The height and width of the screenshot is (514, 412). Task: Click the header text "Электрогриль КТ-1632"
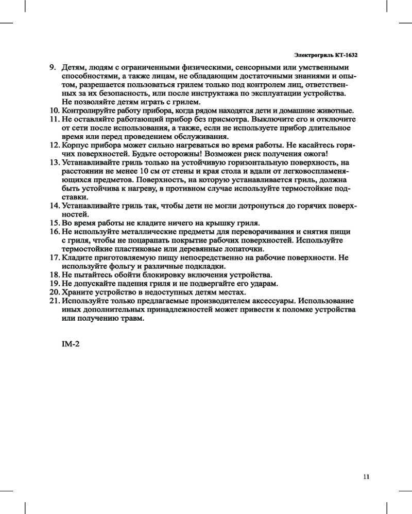325,54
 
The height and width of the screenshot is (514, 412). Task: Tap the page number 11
366,476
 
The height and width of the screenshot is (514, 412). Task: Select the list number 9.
52,67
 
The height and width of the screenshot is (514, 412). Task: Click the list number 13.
54,162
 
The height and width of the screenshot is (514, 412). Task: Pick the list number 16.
54,231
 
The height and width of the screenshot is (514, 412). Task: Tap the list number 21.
54,300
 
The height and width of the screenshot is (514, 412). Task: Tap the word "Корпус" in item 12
76,145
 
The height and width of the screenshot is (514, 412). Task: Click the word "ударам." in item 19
264,283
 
